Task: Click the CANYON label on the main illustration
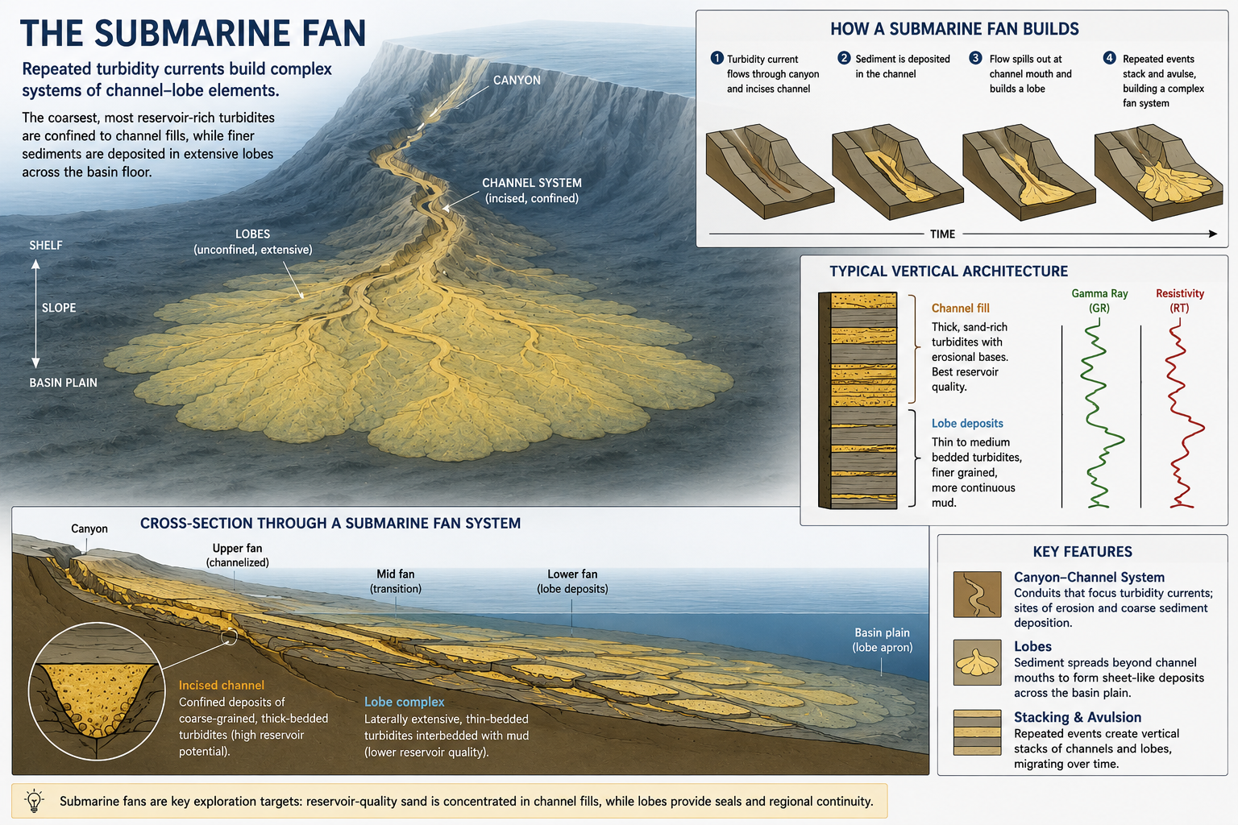pyautogui.click(x=517, y=80)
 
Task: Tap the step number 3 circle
pyautogui.click(x=975, y=58)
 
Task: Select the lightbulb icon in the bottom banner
pyautogui.click(x=35, y=801)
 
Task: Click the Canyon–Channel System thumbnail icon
pyautogui.click(x=977, y=594)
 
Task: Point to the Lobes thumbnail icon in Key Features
pyautogui.click(x=977, y=662)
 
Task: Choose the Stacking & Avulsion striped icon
pyautogui.click(x=977, y=732)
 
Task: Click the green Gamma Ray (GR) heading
pyautogui.click(x=1099, y=301)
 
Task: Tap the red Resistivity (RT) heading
pyautogui.click(x=1179, y=301)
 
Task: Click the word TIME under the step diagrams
pyautogui.click(x=942, y=234)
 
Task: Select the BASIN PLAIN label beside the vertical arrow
pyautogui.click(x=63, y=383)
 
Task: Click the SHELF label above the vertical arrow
pyautogui.click(x=46, y=246)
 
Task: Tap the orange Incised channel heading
pyautogui.click(x=221, y=685)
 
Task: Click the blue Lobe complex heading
pyautogui.click(x=404, y=702)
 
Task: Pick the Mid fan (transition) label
pyautogui.click(x=396, y=582)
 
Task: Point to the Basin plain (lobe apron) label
pyautogui.click(x=882, y=640)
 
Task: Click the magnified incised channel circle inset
pyautogui.click(x=97, y=691)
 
